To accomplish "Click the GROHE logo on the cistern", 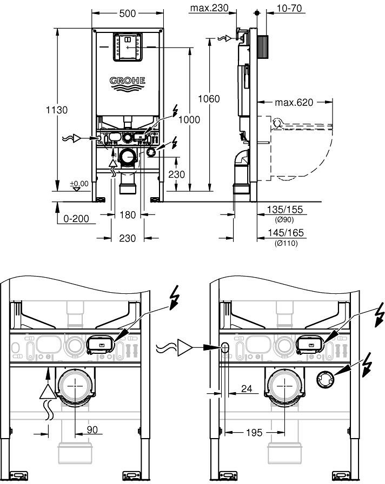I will tap(128, 81).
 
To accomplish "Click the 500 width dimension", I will tap(128, 13).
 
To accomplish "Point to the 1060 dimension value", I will tap(209, 99).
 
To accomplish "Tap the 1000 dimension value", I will tap(189, 119).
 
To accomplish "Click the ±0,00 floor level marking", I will tap(78, 184).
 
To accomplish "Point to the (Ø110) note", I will tap(286, 243).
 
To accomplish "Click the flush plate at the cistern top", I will tap(128, 46).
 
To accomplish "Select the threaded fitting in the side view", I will tap(263, 43).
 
